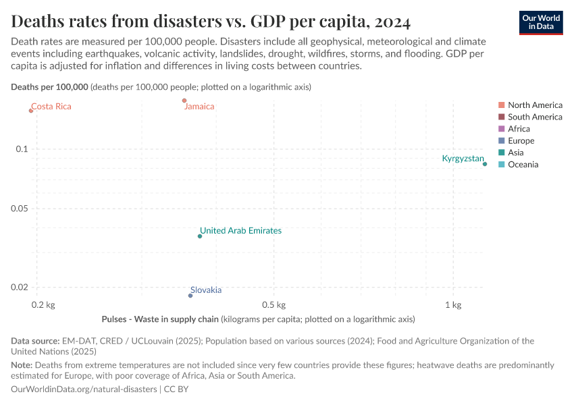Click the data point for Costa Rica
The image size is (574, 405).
31,111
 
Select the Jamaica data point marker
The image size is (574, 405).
184,101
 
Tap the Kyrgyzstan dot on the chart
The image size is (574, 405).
485,164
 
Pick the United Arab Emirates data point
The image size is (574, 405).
200,236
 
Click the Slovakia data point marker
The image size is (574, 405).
190,296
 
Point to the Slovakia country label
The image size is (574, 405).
205,290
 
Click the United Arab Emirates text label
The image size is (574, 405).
240,231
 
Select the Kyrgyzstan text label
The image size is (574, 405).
463,159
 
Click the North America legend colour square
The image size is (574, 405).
501,105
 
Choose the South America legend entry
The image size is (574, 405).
534,117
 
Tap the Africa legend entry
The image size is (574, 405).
518,129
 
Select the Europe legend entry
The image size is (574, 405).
520,140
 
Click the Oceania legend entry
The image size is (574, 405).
523,165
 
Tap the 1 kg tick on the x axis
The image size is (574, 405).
452,305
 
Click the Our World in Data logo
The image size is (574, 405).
540,22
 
